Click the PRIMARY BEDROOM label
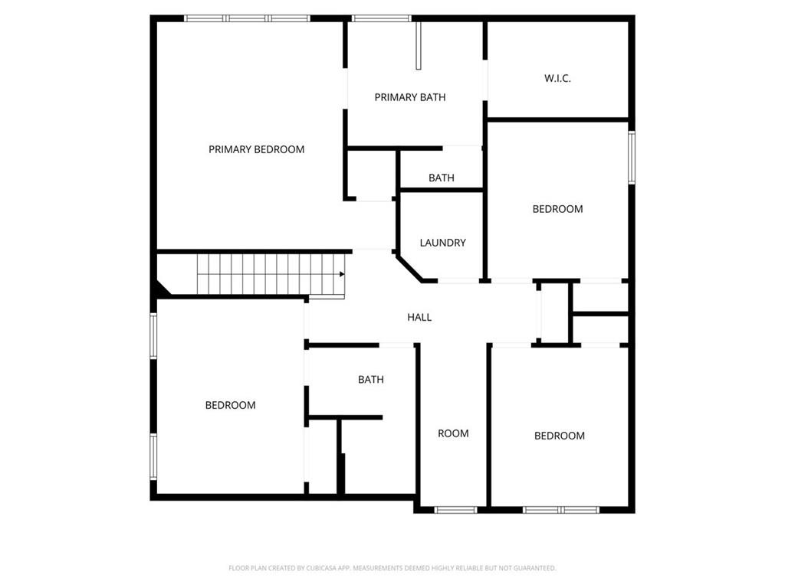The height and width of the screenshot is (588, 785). click(256, 149)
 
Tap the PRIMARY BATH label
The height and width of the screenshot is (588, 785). click(409, 97)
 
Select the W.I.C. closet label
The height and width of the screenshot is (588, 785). click(557, 78)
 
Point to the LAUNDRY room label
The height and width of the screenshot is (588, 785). click(442, 243)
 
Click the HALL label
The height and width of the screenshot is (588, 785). click(419, 317)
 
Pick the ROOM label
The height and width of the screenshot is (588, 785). click(453, 433)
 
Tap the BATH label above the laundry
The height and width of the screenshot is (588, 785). click(441, 178)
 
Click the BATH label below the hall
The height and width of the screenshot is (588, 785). click(371, 380)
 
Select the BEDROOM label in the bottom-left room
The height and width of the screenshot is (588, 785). click(230, 405)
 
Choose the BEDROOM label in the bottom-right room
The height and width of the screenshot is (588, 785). click(559, 436)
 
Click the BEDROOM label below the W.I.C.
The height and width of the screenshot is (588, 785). click(557, 209)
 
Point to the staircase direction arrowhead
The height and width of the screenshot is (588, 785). click(341, 273)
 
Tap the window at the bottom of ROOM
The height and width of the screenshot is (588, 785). click(455, 509)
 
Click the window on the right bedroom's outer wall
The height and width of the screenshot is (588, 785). click(632, 158)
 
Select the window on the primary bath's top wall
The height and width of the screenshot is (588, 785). click(381, 18)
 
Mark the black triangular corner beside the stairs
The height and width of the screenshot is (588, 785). click(161, 289)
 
